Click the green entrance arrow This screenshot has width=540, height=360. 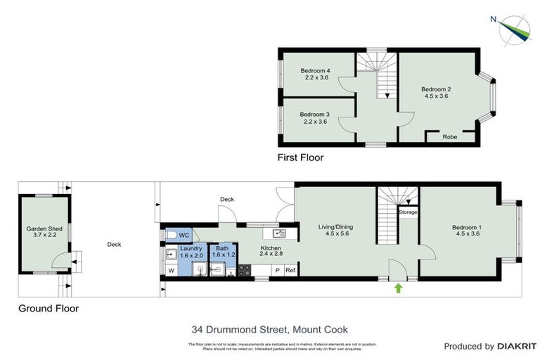(x=399, y=287)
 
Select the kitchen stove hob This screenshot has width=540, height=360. (x=245, y=270)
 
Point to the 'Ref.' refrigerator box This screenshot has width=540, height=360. (x=290, y=270)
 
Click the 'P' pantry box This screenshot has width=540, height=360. (x=277, y=270)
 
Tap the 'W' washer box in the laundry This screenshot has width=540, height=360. (x=171, y=269)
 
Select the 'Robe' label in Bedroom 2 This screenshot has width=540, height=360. (x=449, y=137)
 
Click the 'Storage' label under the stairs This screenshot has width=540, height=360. (x=408, y=212)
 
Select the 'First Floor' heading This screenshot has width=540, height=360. (x=300, y=158)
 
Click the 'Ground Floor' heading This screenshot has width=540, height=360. (x=49, y=308)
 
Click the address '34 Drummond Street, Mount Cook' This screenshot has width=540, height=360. (x=270, y=329)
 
